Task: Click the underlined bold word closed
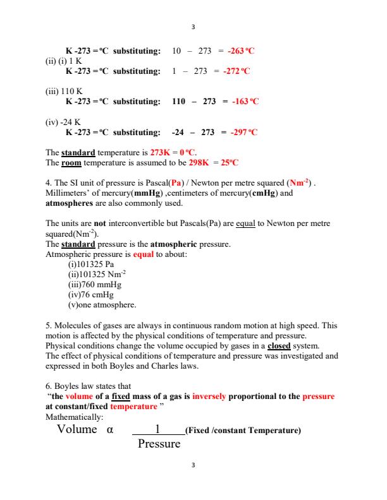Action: tap(263, 346)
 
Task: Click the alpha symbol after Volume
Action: tap(110, 430)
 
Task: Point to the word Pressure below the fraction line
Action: tap(159, 444)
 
